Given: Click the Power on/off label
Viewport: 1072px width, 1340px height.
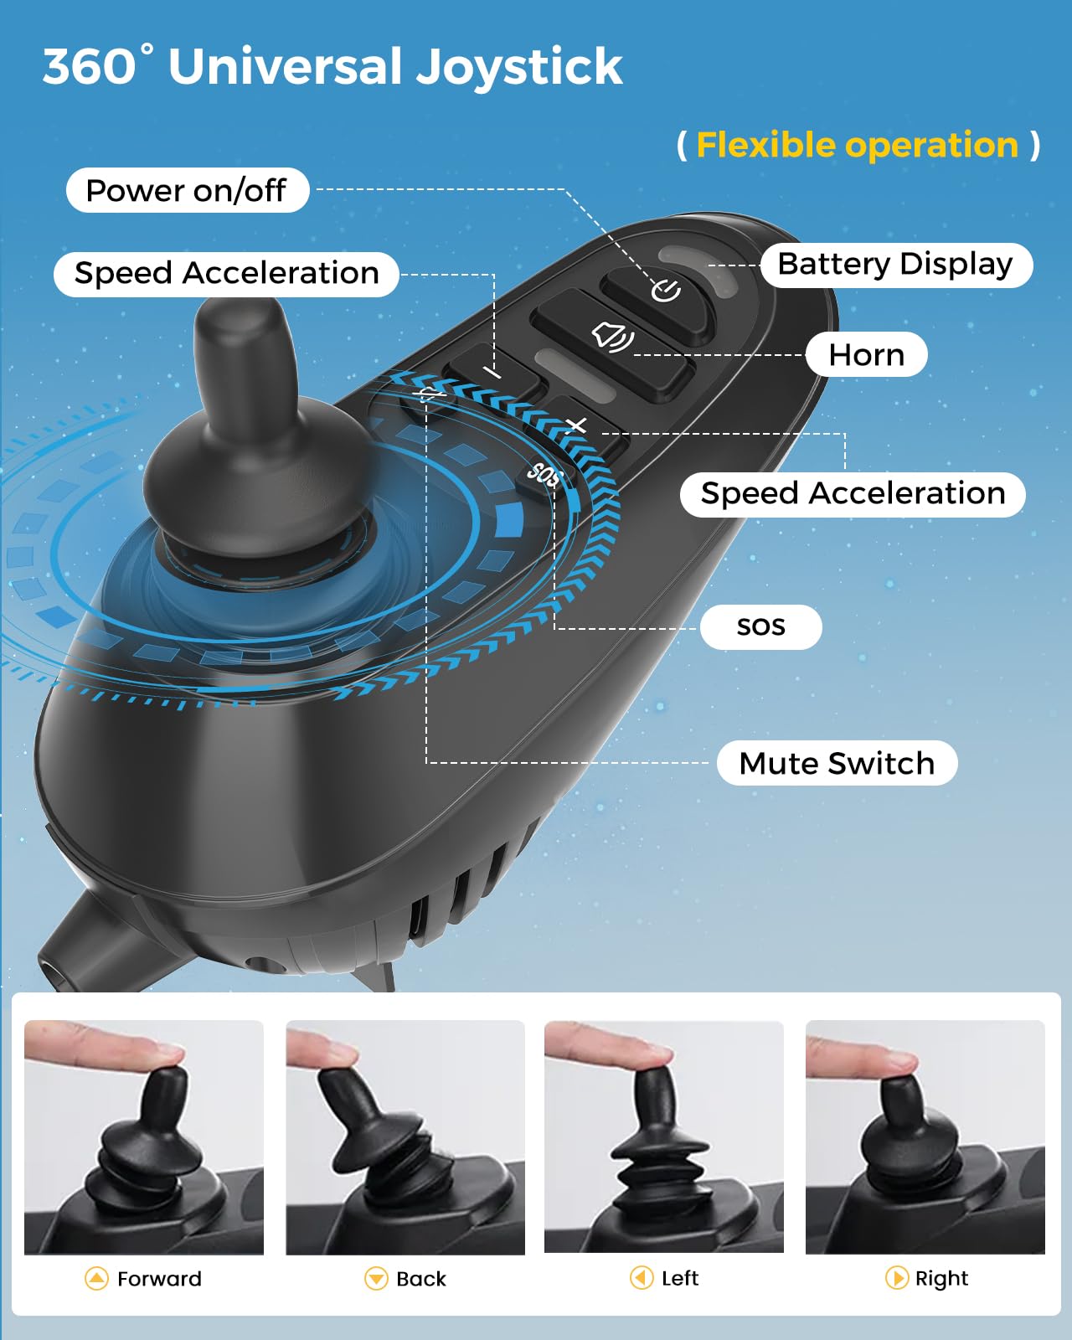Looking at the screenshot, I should click(x=187, y=191).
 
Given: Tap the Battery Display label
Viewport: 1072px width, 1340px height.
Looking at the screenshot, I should click(x=895, y=265).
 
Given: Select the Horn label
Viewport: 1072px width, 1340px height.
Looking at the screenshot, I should click(x=866, y=355).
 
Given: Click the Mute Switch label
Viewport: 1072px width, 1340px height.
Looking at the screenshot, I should click(x=837, y=764).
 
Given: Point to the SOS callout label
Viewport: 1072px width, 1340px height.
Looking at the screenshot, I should click(x=760, y=626).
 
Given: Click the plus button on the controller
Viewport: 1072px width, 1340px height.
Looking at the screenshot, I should click(x=577, y=427).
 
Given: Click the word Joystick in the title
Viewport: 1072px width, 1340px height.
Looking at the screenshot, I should click(x=519, y=67).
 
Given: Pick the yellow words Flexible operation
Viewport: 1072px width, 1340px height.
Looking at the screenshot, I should click(x=857, y=146).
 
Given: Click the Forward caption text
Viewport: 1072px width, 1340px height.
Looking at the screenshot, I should click(x=159, y=1279).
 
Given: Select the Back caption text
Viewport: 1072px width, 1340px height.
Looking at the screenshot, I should click(x=421, y=1279).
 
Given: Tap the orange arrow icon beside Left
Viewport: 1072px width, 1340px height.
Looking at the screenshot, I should click(x=642, y=1278).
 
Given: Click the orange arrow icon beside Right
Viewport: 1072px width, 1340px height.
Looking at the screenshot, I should click(x=897, y=1278).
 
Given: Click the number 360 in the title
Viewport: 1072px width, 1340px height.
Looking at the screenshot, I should click(x=90, y=67).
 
